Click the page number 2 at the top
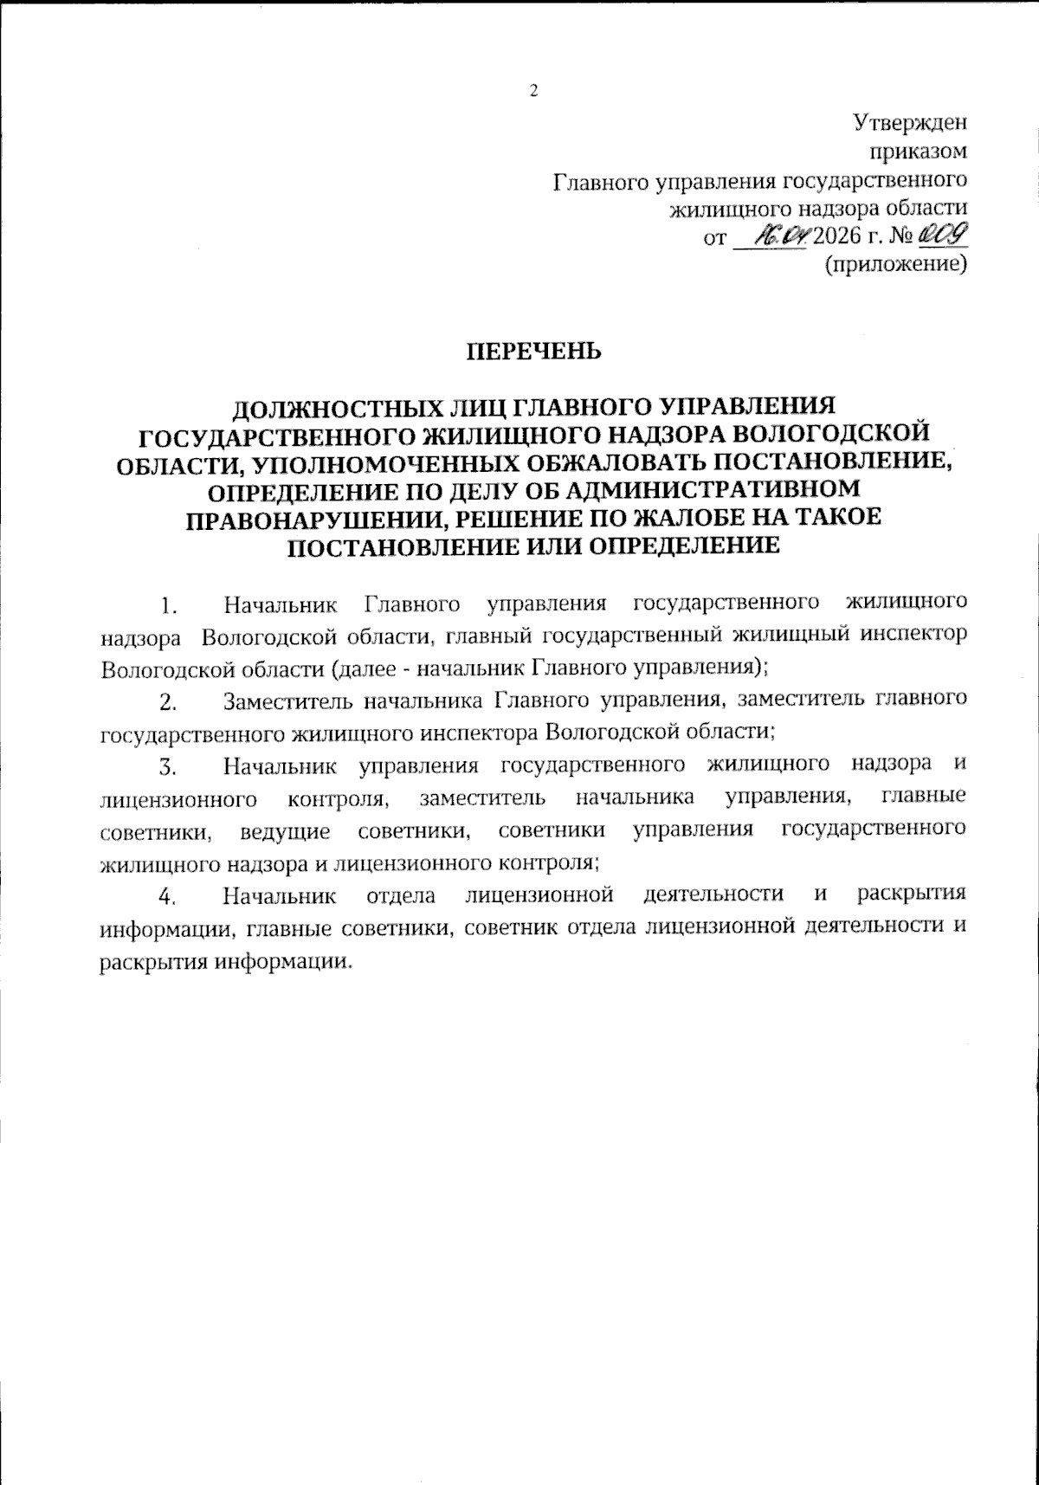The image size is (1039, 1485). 533,91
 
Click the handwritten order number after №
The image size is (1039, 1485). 943,235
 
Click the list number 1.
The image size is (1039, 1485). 170,604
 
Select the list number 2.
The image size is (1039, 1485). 169,701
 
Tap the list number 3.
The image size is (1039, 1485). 169,766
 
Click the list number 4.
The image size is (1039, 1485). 169,896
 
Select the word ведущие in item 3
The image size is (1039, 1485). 285,832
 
